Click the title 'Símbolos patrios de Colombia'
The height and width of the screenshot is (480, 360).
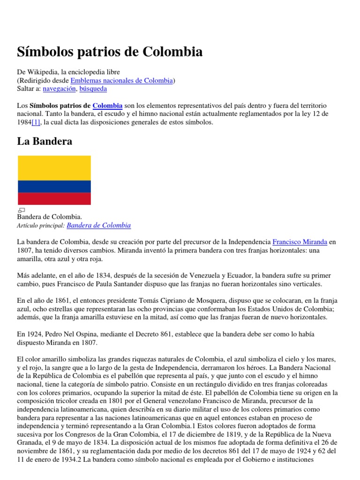(x=110, y=52)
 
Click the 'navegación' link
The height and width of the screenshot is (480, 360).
(x=59, y=88)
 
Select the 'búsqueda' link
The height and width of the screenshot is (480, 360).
(x=93, y=88)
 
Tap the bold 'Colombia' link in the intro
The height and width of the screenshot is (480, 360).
(x=107, y=105)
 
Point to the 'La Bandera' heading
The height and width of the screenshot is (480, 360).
(x=45, y=141)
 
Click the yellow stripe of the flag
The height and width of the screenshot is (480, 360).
(x=54, y=167)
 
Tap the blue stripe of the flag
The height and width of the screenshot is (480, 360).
(x=54, y=186)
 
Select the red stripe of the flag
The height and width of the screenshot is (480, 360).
(x=54, y=199)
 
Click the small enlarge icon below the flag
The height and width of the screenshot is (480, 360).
(x=21, y=210)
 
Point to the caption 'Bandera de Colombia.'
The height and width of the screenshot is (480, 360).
(x=49, y=217)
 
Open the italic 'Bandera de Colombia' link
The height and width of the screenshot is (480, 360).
(x=98, y=225)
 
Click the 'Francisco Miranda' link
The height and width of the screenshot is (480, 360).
(x=300, y=242)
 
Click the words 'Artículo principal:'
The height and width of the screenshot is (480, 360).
(x=41, y=226)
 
